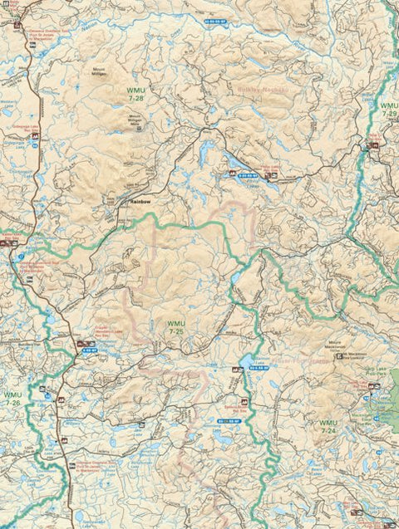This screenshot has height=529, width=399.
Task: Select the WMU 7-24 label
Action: click(x=328, y=427)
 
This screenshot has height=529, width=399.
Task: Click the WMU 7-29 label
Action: click(x=388, y=110)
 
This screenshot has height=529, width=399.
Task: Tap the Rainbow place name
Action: click(x=139, y=201)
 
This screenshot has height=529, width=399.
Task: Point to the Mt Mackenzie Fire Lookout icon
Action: click(x=341, y=354)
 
